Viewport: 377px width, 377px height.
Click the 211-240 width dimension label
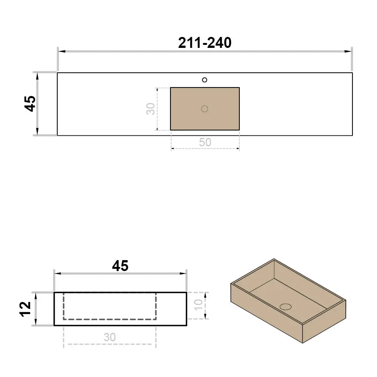tap(205, 43)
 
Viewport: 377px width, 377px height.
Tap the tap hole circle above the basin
tap(205, 80)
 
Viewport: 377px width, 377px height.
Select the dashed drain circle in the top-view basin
tap(205, 109)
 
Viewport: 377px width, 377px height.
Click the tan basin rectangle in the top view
tap(205, 109)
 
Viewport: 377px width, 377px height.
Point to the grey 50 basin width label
tap(205, 143)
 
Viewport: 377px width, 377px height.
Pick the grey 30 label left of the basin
tap(150, 109)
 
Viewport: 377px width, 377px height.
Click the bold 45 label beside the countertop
tap(30, 104)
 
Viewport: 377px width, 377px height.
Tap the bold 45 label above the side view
tap(120, 266)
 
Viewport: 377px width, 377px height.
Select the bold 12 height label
tap(25, 309)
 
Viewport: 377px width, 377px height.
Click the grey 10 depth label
tap(198, 305)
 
